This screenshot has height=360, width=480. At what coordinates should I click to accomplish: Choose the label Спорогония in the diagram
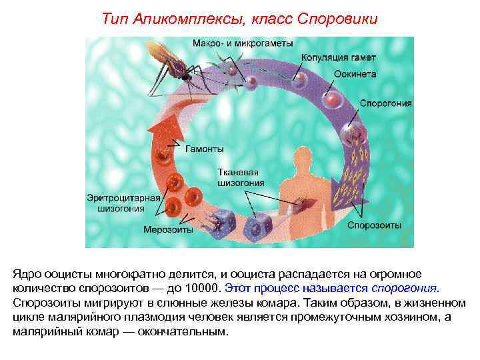pyautogui.click(x=386, y=104)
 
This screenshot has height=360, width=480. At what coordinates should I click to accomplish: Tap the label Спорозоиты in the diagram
pyautogui.click(x=374, y=225)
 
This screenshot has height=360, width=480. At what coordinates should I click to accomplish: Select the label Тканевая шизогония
pyautogui.click(x=241, y=177)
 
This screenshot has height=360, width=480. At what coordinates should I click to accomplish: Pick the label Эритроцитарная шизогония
pyautogui.click(x=125, y=202)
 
